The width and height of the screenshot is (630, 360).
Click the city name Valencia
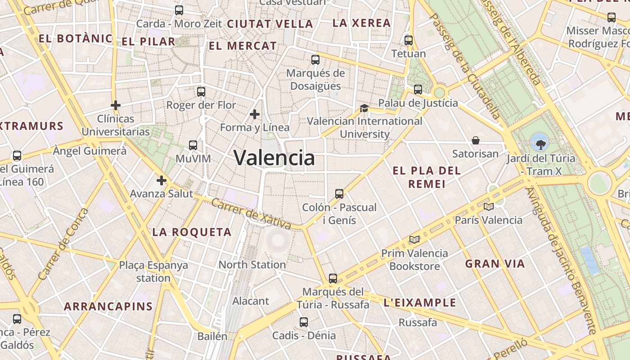pos(274,158)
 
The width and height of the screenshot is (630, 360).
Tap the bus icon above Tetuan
pos(409,40)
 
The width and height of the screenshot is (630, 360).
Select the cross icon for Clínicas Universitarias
pos(116,106)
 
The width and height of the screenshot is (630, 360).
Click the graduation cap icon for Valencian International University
pos(364,108)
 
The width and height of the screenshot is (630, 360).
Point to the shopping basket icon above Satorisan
pos(476,141)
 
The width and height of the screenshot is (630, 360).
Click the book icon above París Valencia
pos(488,207)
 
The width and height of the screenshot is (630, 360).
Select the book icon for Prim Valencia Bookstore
pos(414,239)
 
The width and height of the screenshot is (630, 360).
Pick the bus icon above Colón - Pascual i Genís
pos(339,194)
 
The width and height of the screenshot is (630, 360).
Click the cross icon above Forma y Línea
pos(255,114)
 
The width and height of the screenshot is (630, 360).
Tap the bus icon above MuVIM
pos(193,145)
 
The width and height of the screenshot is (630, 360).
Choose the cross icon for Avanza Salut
pos(161,181)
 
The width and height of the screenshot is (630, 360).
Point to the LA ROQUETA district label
pos(192,232)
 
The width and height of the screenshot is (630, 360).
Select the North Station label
pos(252,265)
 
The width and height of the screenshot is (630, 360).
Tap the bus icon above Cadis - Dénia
pos(304,322)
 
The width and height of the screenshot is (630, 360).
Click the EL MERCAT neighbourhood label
pos(243,46)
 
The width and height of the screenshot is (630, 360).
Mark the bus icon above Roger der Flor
pos(201,92)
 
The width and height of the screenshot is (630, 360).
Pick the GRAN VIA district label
pos(495,264)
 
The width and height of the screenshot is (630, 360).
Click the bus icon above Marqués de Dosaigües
pos(315,60)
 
